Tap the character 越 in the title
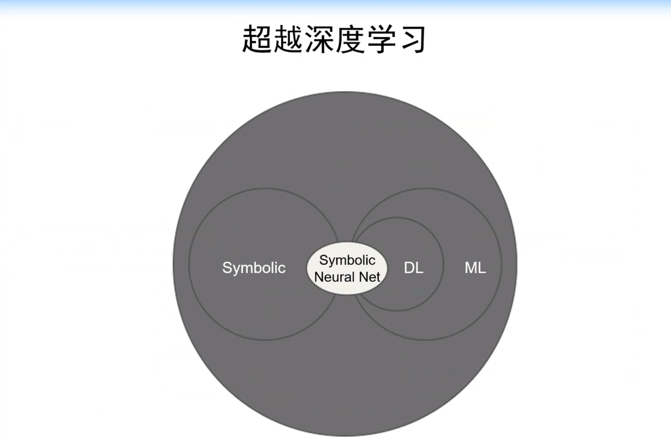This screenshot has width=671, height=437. point(288,39)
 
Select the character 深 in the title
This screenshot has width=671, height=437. point(319,39)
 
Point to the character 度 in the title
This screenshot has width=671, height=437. point(349,39)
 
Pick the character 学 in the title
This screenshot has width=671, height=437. point(381,39)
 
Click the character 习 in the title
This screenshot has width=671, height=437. point(411,39)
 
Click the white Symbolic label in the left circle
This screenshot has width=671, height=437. point(254,268)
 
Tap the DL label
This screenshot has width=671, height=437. point(413,268)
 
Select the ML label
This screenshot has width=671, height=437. point(475,268)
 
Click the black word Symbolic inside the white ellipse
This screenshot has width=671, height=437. point(347,261)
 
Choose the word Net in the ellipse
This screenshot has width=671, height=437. point(370,277)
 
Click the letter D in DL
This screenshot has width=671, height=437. point(409,268)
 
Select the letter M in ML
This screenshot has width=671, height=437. point(471,268)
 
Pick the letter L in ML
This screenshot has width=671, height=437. point(482,268)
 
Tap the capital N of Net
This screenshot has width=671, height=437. point(363,277)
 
